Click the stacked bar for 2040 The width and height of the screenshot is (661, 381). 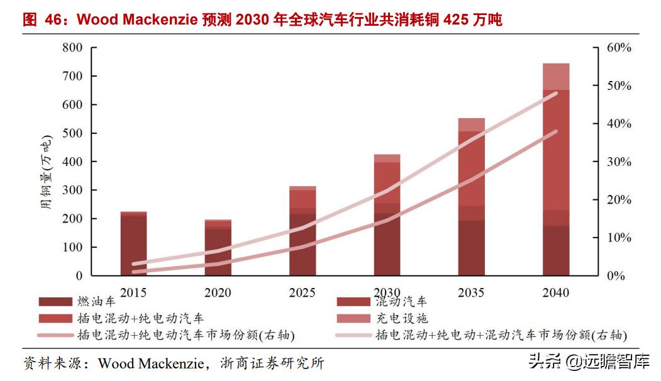click(x=556, y=170)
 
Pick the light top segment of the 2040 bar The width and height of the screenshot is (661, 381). click(x=556, y=77)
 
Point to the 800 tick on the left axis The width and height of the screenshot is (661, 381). click(x=72, y=48)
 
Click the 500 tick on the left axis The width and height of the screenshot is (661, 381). click(x=72, y=133)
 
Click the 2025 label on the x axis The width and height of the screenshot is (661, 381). click(x=303, y=292)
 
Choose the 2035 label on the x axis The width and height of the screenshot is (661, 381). click(x=471, y=292)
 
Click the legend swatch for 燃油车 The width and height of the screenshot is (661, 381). click(x=55, y=302)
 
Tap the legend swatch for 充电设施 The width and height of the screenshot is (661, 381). click(x=353, y=319)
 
